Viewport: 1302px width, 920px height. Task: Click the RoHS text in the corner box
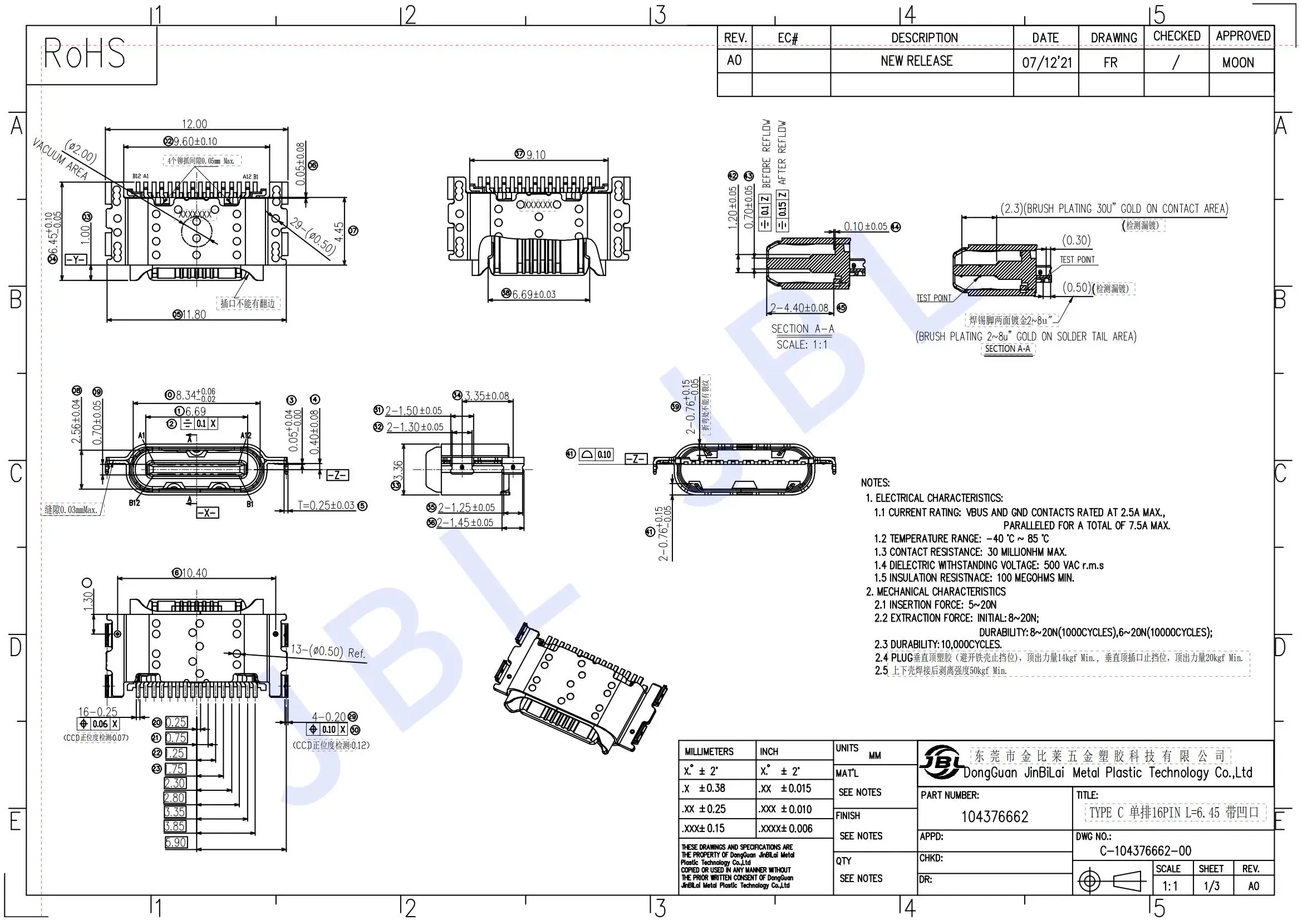tap(85, 54)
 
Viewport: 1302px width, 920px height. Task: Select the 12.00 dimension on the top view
tap(194, 124)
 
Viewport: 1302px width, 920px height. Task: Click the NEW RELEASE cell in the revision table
tap(916, 61)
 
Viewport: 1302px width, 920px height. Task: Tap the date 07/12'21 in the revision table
tap(1047, 62)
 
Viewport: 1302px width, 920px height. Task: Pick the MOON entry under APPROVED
tap(1238, 62)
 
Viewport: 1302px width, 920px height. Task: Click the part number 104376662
tap(994, 817)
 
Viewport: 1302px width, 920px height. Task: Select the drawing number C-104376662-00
tap(1145, 851)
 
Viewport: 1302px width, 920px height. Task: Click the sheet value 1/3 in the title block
tap(1212, 886)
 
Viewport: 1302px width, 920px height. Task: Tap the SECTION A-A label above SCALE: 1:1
tap(802, 329)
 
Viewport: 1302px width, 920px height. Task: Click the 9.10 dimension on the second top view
tap(535, 155)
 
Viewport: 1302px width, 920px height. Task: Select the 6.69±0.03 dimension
tap(534, 294)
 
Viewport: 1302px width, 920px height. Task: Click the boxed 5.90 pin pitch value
tap(176, 842)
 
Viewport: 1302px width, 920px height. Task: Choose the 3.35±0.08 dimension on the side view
tap(487, 396)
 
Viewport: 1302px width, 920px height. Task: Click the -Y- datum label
tap(76, 259)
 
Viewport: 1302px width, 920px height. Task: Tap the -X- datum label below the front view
tap(207, 513)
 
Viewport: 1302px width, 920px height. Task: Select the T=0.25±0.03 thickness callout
tap(327, 505)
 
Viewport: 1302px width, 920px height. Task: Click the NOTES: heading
tap(875, 483)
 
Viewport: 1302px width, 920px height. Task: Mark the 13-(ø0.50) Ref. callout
tap(327, 651)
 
